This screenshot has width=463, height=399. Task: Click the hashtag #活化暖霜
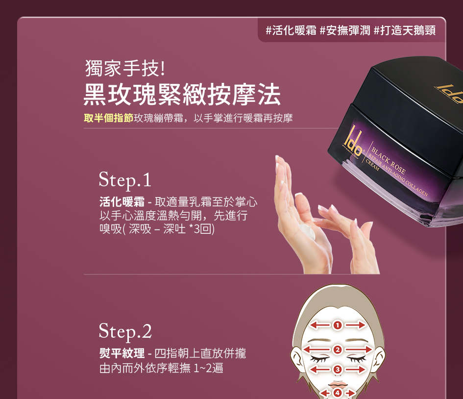coord(291,30)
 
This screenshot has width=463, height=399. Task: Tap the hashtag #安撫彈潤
coord(345,30)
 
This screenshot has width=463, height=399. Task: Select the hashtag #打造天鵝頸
coord(405,30)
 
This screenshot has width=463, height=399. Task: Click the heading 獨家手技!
coord(125,68)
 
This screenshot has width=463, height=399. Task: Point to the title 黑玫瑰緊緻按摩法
coord(182,94)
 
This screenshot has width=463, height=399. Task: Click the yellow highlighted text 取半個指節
coord(108,118)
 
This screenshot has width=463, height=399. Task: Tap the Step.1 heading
coord(125,180)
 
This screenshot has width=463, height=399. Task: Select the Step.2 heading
coord(125,331)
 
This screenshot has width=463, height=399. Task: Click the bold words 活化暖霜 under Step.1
coord(122,202)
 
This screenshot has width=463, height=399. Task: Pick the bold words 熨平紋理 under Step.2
coord(122,353)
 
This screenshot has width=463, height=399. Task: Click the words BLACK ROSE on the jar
coord(389,160)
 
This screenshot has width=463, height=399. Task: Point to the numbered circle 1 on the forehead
coord(337,325)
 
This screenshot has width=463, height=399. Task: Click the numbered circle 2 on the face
coord(337,349)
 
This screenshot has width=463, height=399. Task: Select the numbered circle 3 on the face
coord(337,370)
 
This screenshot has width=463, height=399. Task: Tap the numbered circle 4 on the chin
coord(337,393)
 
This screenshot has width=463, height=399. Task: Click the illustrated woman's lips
coord(338,384)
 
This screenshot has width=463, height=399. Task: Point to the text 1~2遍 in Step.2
coord(208,368)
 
